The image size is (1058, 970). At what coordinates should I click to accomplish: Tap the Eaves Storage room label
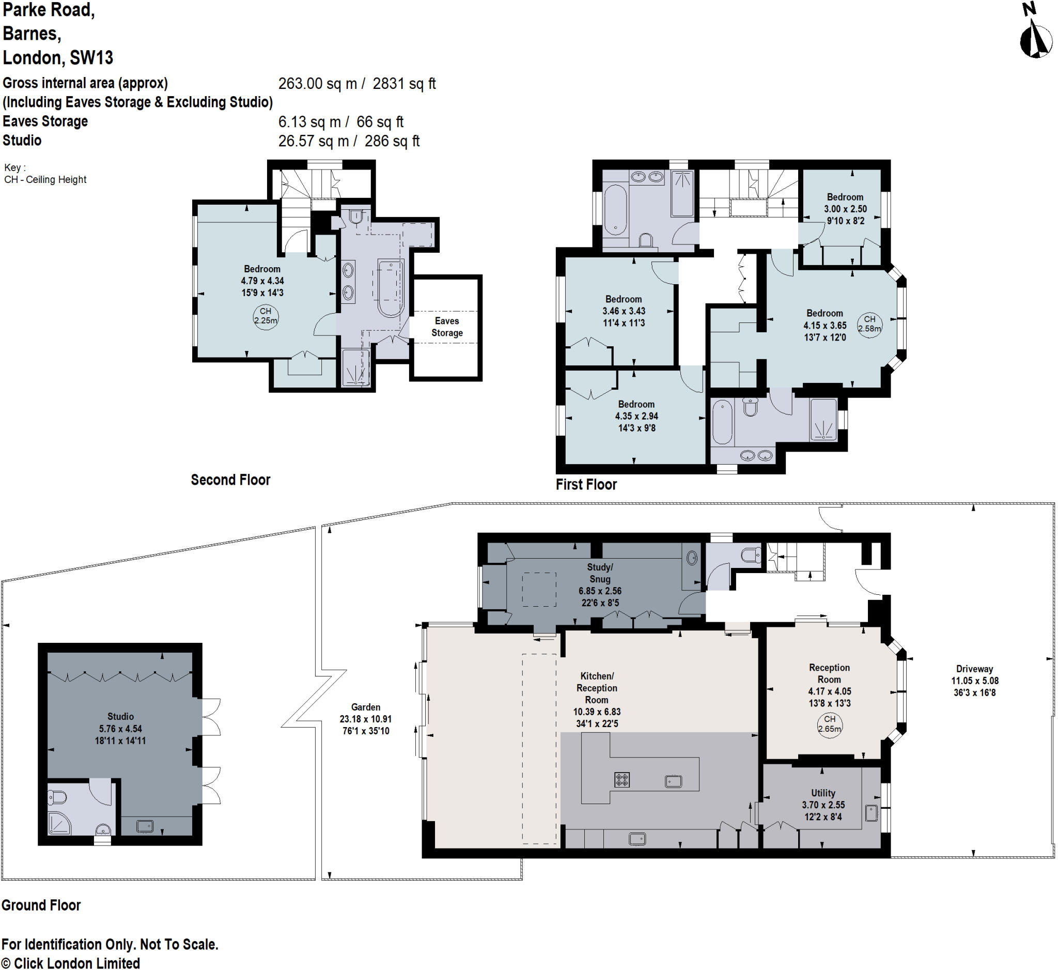pyautogui.click(x=447, y=327)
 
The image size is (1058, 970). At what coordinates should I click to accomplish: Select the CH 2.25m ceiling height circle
pyautogui.click(x=266, y=317)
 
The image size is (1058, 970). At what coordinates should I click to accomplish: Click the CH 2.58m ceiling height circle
pyautogui.click(x=869, y=325)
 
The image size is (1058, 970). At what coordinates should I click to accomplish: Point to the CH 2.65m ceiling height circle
pyautogui.click(x=829, y=725)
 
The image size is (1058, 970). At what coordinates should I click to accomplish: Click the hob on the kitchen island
pyautogui.click(x=622, y=780)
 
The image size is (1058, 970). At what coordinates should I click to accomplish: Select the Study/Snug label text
pyautogui.click(x=600, y=573)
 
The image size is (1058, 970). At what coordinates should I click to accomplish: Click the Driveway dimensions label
pyautogui.click(x=974, y=681)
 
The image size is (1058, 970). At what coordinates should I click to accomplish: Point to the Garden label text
pyautogui.click(x=366, y=707)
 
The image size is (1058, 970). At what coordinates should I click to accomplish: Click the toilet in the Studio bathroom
pyautogui.click(x=58, y=798)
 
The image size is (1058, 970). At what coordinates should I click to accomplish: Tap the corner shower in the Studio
pyautogui.click(x=58, y=823)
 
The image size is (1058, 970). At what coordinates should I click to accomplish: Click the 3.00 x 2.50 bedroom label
pyautogui.click(x=845, y=209)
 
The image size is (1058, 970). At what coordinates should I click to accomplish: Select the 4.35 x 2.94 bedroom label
pyautogui.click(x=636, y=415)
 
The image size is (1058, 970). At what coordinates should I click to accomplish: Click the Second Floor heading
pyautogui.click(x=230, y=480)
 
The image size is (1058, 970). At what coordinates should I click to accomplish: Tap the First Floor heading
pyautogui.click(x=586, y=484)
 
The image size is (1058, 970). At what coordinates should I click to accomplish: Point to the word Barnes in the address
pyautogui.click(x=32, y=34)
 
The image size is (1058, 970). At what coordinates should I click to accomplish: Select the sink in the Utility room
pyautogui.click(x=871, y=813)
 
